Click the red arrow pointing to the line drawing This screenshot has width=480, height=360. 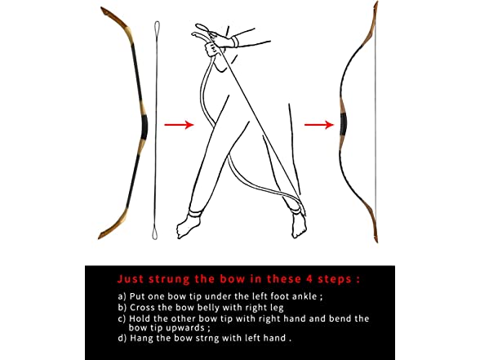[x=179, y=125]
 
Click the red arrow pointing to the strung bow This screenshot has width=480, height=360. [x=319, y=125]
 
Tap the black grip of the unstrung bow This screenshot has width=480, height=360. [x=144, y=127]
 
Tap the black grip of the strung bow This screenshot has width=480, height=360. [x=344, y=125]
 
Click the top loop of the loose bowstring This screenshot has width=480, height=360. [x=157, y=28]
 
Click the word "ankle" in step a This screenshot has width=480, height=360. [x=304, y=296]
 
